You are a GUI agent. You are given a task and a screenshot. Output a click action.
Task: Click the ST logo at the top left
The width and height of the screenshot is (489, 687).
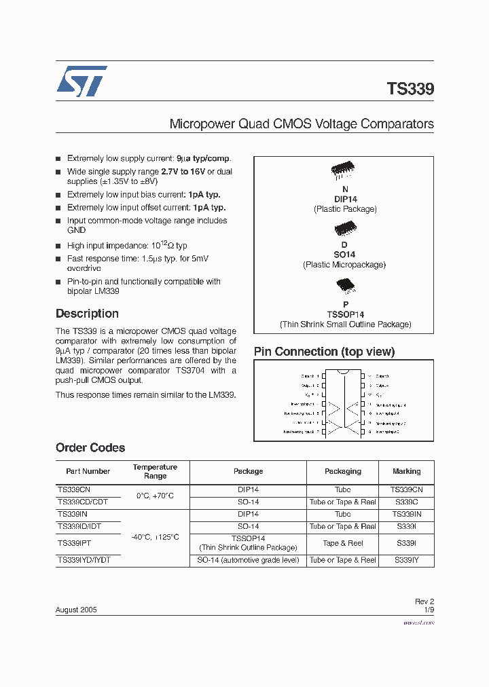click(81, 81)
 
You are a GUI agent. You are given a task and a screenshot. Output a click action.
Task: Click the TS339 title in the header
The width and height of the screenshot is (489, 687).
click(410, 89)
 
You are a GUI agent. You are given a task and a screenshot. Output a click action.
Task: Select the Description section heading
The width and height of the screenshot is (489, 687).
click(87, 314)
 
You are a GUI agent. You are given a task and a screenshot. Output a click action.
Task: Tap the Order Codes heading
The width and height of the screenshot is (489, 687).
click(90, 448)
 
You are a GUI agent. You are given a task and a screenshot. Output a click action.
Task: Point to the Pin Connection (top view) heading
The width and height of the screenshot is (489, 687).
click(324, 352)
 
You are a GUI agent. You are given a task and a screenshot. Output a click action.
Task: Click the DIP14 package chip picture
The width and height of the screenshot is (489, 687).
click(344, 172)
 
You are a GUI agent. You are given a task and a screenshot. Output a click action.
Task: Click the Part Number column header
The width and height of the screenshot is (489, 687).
click(88, 471)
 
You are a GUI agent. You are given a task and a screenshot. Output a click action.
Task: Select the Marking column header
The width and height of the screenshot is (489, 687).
click(406, 471)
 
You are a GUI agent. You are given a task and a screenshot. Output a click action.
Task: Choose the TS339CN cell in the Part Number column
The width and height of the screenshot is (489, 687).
click(74, 489)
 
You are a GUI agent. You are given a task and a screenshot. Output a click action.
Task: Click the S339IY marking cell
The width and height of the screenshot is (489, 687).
click(406, 560)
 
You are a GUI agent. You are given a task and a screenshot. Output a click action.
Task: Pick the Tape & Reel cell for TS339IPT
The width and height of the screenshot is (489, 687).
click(343, 543)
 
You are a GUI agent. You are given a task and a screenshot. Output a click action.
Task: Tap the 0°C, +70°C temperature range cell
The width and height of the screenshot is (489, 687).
click(155, 496)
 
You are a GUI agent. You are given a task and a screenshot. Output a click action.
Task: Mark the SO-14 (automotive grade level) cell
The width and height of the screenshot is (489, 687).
click(248, 560)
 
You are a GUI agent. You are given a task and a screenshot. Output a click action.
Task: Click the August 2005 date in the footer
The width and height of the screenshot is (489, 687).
click(76, 610)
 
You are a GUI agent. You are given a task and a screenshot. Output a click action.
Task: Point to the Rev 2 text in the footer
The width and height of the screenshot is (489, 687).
click(424, 601)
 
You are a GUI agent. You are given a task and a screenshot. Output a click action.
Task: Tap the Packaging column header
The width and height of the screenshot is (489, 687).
click(343, 471)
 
